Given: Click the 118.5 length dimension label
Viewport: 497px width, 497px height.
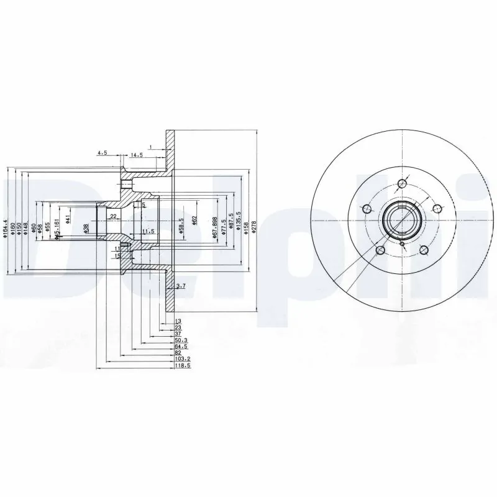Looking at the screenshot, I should [x=181, y=367].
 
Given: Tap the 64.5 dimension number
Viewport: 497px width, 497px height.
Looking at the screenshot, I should [x=180, y=346].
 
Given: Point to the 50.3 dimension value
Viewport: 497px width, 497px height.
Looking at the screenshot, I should [x=180, y=340].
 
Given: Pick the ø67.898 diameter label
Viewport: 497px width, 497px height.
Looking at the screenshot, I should [x=214, y=227].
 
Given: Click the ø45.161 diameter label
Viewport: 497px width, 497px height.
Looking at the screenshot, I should [x=57, y=229].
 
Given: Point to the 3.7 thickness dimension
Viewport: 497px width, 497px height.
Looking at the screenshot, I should [x=181, y=286].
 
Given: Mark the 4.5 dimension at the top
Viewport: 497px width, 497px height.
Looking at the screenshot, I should [x=102, y=152].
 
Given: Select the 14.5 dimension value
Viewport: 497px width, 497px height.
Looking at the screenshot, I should [x=136, y=155].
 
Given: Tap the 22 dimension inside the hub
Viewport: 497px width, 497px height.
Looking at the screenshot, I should [x=113, y=216].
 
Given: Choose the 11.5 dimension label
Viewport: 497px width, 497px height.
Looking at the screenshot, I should [x=147, y=231].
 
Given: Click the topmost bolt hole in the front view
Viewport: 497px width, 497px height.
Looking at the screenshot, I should [x=402, y=183].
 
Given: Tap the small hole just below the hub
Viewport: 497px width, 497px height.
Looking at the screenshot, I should [x=403, y=244].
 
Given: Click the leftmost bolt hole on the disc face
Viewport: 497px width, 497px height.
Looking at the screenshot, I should [x=367, y=209].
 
